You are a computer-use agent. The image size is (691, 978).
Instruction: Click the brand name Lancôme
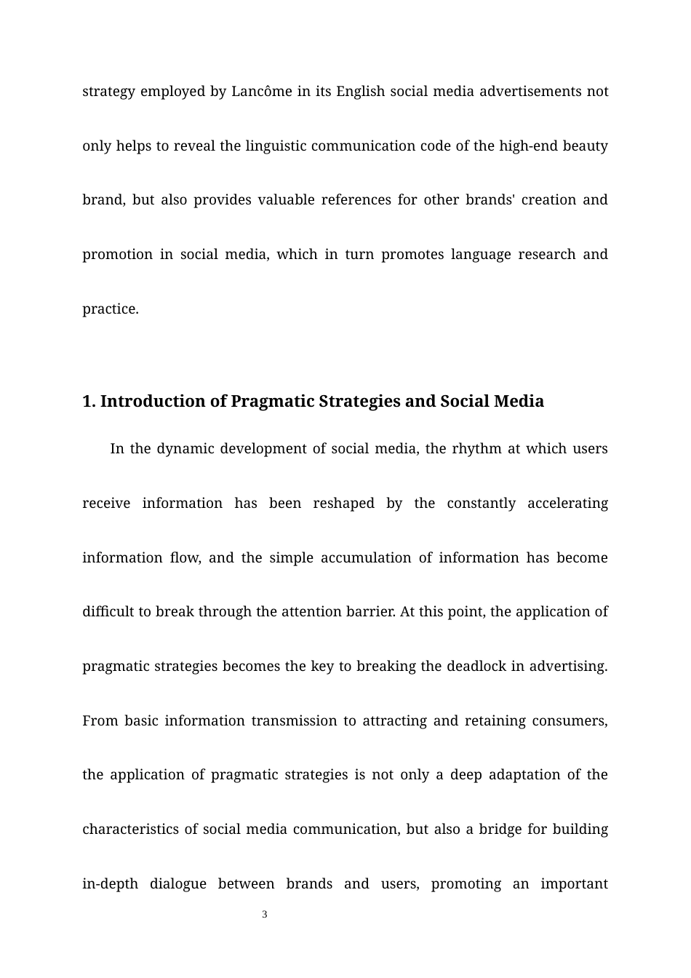tap(262, 92)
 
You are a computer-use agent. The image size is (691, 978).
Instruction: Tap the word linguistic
tap(280, 146)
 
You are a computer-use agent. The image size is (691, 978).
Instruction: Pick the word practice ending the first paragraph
tap(110, 309)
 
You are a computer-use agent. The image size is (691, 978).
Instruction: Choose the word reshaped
tap(344, 504)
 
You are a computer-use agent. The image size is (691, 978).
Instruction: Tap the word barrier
tap(372, 612)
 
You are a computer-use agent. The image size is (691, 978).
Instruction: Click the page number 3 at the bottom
tap(265, 915)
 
